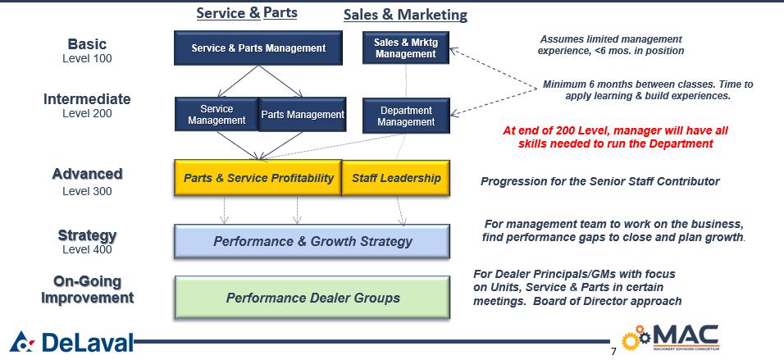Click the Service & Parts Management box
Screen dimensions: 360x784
(258, 48)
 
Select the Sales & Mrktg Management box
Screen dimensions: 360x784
(405, 48)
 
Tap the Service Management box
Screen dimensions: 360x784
(217, 115)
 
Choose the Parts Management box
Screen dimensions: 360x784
(303, 115)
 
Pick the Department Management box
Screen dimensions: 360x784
(406, 116)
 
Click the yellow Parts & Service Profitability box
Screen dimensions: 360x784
(258, 178)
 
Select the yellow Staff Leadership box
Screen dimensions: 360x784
(396, 178)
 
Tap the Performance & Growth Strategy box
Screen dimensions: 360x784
(312, 241)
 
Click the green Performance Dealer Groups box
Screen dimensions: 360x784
(312, 298)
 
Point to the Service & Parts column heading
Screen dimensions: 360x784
(246, 13)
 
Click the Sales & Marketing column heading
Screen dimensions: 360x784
(405, 15)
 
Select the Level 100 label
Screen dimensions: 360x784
(87, 59)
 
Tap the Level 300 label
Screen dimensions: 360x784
(87, 191)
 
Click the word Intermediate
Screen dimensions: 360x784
(87, 99)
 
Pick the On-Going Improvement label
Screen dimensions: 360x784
(87, 289)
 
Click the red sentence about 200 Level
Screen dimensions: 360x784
(614, 137)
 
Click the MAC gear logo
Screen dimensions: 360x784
(670, 339)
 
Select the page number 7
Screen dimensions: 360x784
(613, 352)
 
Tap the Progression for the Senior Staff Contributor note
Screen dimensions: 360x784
(599, 181)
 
